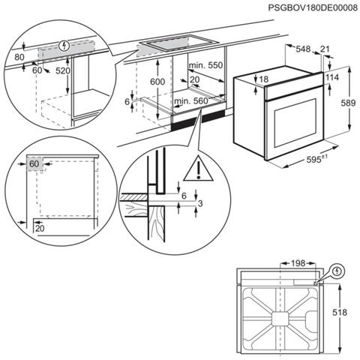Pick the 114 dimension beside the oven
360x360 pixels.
pyautogui.click(x=334, y=77)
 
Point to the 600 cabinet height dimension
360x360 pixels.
pyautogui.click(x=155, y=82)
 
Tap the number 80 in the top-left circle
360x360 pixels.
pyautogui.click(x=19, y=56)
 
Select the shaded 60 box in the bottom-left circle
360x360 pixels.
pyautogui.click(x=34, y=163)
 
